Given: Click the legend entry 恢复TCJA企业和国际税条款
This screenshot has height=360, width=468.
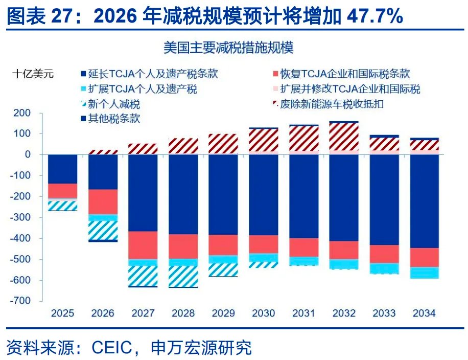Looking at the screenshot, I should pos(345,75).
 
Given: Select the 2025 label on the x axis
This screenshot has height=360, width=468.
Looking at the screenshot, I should pos(62,313).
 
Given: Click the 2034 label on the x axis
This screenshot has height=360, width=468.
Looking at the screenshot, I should pos(425,313).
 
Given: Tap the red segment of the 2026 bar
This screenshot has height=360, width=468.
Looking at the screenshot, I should pos(103,201).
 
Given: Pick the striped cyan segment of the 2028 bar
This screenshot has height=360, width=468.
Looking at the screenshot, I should pos(183,276).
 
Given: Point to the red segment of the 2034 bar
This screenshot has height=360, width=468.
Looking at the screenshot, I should pos(425,257).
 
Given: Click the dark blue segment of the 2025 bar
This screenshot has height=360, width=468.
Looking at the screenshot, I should pos(62,169).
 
